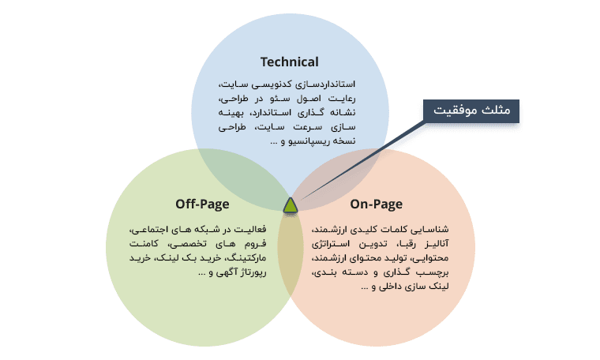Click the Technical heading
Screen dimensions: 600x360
[289, 62]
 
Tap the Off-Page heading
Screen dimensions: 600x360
[202, 204]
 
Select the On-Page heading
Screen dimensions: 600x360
[376, 204]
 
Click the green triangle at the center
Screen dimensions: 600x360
[291, 205]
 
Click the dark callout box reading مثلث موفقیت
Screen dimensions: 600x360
[471, 111]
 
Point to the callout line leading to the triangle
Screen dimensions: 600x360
[362, 160]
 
